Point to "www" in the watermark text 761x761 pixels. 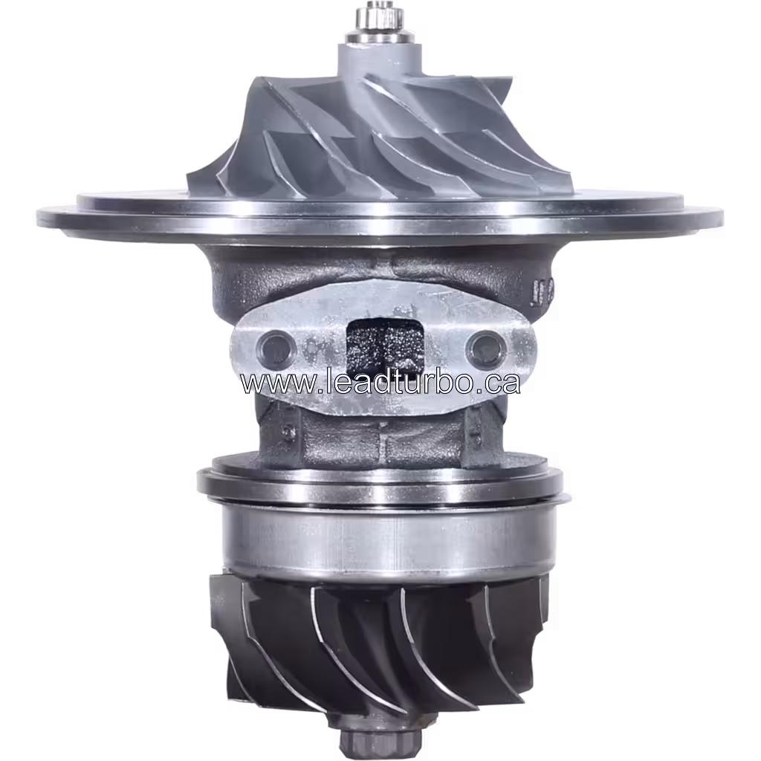[x=268, y=382]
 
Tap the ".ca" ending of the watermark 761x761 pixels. [x=496, y=382]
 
